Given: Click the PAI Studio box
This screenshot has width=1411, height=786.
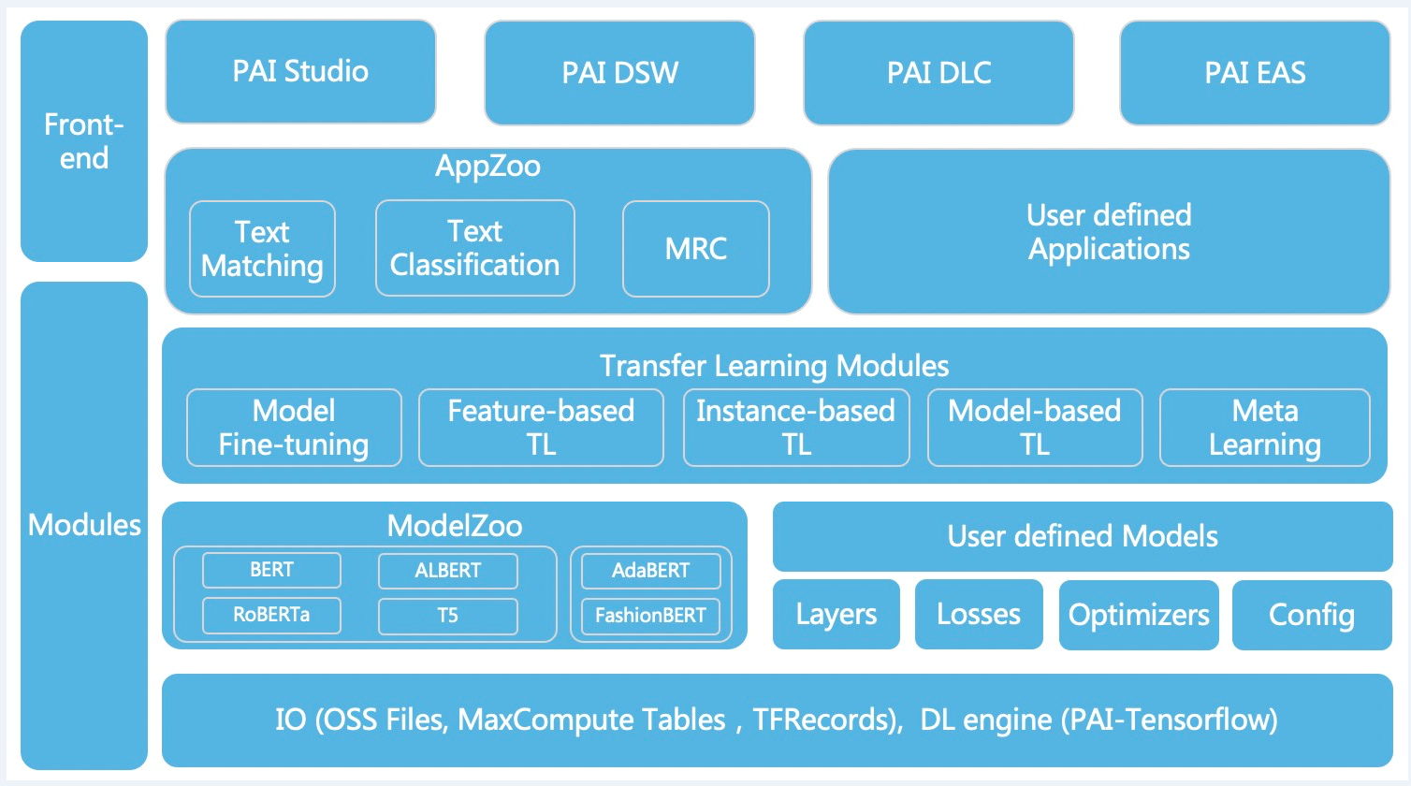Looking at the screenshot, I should [300, 72].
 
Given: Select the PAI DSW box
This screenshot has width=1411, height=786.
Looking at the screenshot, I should [619, 73].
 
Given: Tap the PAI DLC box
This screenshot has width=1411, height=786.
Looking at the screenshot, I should [938, 73].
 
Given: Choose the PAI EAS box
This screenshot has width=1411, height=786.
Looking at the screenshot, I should [1255, 73].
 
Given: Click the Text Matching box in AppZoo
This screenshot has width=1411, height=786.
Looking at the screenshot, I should [262, 249].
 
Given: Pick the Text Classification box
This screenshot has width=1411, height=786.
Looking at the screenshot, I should [474, 248].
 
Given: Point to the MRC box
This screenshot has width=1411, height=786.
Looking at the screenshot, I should [695, 249].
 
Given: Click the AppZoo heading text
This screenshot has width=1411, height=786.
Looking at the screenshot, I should [487, 167].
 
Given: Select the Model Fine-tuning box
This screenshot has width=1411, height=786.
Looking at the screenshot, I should [294, 428].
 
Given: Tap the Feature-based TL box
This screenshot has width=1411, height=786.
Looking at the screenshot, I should [541, 428].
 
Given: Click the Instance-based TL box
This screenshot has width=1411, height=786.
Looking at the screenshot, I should [796, 428].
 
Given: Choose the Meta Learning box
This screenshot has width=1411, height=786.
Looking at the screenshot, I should [1264, 428].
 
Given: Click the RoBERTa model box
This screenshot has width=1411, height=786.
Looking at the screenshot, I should [271, 615].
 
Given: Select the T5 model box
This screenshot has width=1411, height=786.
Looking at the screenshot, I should [447, 616].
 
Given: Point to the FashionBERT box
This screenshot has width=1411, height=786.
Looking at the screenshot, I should [650, 616].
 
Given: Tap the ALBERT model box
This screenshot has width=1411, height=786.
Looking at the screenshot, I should [447, 571].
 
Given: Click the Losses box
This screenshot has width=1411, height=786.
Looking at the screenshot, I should [979, 615].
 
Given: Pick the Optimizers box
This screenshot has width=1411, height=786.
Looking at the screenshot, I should [1139, 615].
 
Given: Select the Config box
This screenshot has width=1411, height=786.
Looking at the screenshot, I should [1312, 615].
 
